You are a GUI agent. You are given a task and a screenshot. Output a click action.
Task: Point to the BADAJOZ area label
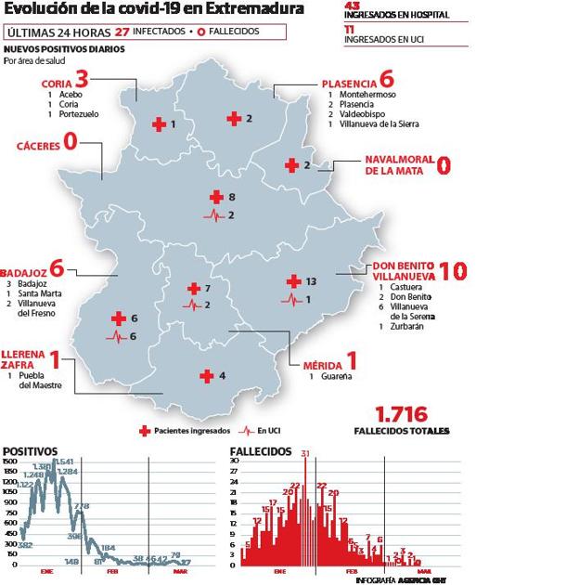[x=24, y=269]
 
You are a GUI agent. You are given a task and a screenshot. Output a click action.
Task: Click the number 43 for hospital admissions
[x=350, y=5]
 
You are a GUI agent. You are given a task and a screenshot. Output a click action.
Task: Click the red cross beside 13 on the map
[x=293, y=281]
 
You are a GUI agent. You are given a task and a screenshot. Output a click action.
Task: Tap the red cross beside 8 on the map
[x=216, y=197]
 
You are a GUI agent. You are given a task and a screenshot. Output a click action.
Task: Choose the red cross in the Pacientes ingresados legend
[x=145, y=431]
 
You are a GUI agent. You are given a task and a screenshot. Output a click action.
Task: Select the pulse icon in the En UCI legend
[x=247, y=431]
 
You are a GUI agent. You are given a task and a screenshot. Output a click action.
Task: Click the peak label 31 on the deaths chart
[x=305, y=453]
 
